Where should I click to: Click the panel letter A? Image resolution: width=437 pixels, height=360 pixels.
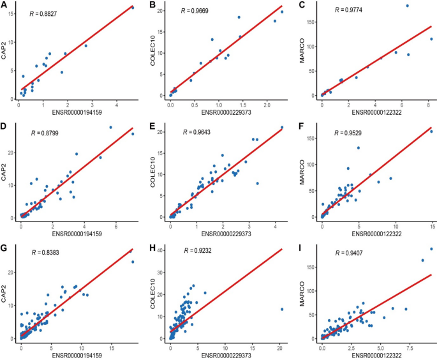4,5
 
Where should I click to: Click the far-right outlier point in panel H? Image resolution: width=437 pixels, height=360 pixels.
281,309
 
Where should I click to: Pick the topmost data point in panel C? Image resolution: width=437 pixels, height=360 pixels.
407,6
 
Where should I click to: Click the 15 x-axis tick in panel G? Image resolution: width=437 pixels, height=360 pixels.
112,348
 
